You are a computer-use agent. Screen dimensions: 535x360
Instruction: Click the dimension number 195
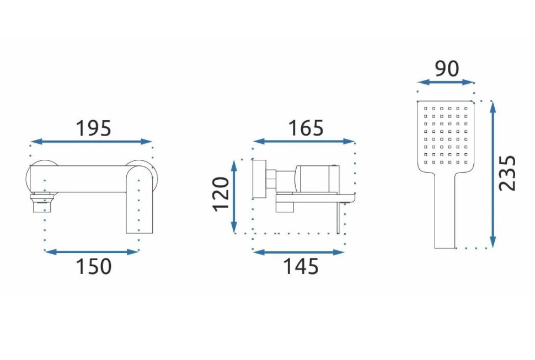pyautogui.click(x=93, y=128)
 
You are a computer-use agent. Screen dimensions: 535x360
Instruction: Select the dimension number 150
pyautogui.click(x=94, y=266)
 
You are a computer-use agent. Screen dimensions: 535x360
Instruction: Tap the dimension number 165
pyautogui.click(x=306, y=128)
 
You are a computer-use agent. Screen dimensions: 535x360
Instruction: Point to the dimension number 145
pyautogui.click(x=301, y=266)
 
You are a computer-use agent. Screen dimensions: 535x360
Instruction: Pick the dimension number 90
pyautogui.click(x=447, y=69)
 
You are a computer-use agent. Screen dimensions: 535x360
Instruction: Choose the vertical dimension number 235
pyautogui.click(x=507, y=173)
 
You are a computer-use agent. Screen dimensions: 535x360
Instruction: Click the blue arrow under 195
pyautogui.click(x=91, y=142)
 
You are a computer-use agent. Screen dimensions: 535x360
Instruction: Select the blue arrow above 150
pyautogui.click(x=92, y=252)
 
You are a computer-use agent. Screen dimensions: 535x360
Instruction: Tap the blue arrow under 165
pyautogui.click(x=304, y=141)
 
